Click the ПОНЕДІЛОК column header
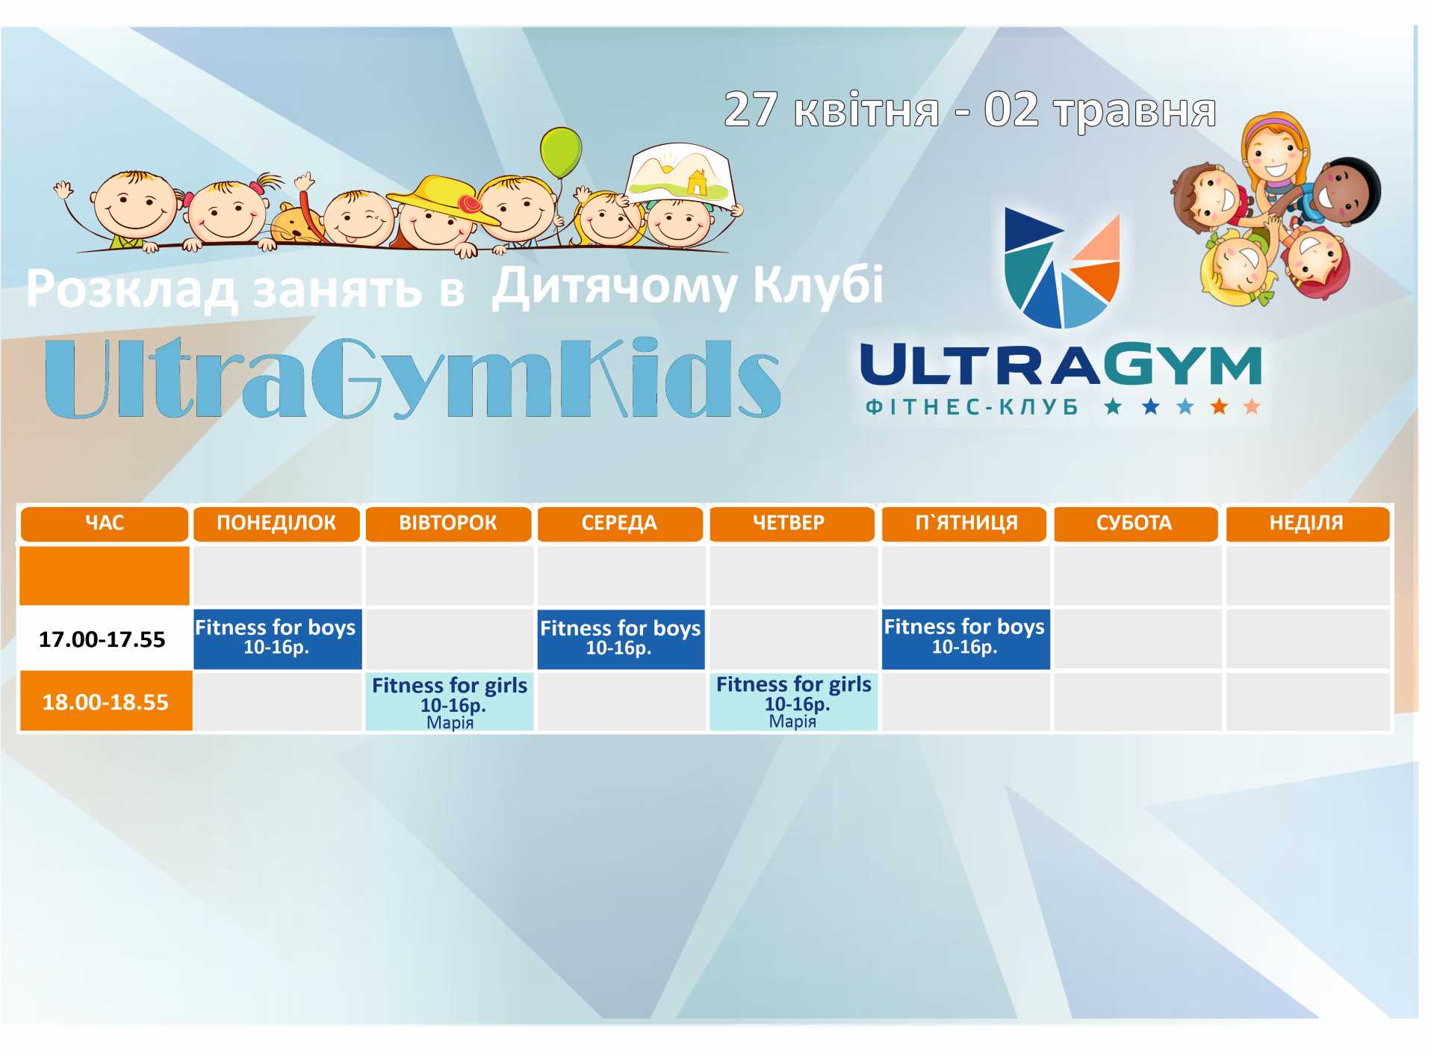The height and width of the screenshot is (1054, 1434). point(276,524)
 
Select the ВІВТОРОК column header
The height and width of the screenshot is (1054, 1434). point(448,524)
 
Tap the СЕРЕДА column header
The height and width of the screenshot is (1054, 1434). point(620,524)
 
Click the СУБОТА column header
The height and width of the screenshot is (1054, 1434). point(1135,524)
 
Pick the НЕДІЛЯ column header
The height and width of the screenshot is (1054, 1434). point(1307,524)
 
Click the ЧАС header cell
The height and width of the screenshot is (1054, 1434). point(105,524)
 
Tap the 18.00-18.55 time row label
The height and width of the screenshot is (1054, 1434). point(105,701)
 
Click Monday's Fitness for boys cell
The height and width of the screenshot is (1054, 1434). point(277,639)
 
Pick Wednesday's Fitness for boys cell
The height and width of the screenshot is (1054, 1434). point(621,639)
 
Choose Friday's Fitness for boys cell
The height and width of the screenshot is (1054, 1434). point(965,639)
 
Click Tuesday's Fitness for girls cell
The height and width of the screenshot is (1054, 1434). point(450,701)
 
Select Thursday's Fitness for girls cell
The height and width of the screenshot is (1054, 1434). point(793,701)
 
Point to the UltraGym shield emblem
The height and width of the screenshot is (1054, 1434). point(1062,269)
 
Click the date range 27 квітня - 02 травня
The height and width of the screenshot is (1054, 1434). point(969,111)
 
